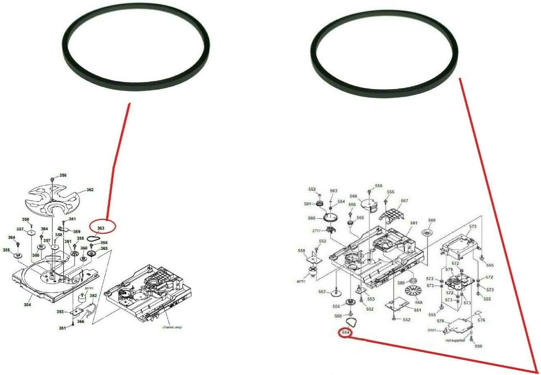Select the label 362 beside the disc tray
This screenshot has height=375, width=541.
tap(90, 190)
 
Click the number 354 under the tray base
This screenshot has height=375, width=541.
tap(27, 305)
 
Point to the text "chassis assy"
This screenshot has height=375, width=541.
tap(172, 327)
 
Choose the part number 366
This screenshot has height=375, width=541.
tap(81, 321)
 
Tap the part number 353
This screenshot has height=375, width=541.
tap(60, 312)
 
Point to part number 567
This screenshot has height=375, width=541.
tap(404, 201)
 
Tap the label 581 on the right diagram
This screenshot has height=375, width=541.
tap(414, 223)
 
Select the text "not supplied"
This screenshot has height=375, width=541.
tap(455, 340)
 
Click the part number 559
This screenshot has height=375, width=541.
tap(478, 346)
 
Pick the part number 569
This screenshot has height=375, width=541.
tap(431, 220)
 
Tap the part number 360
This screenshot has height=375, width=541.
tap(83, 248)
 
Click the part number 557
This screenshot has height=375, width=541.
tap(322, 292)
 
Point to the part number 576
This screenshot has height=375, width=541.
tap(481, 320)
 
